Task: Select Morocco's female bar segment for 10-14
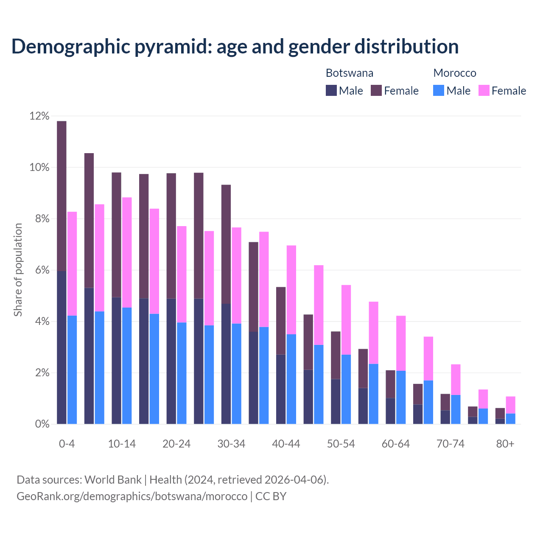[x=127, y=252]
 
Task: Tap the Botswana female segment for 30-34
[x=226, y=244]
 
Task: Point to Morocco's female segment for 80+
[x=510, y=405]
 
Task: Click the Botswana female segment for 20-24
[x=171, y=235]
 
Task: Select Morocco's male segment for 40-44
[x=291, y=379]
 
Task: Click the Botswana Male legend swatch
[x=331, y=90]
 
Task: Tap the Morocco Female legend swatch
[x=484, y=90]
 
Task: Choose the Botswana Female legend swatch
[x=376, y=90]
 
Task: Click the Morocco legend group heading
[x=455, y=73]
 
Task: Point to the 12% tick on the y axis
[x=39, y=116]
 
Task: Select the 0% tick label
[x=42, y=424]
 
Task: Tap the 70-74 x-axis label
[x=451, y=444]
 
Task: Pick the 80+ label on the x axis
[x=505, y=444]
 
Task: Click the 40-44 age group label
[x=286, y=444]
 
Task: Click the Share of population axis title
[x=18, y=270]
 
